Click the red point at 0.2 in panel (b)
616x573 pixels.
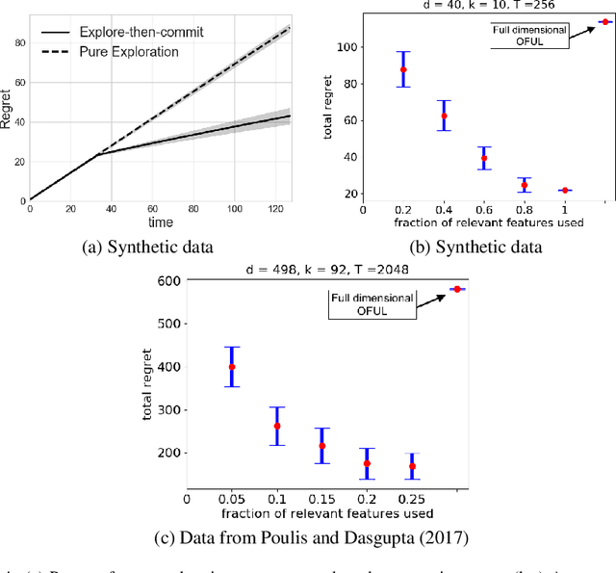403,69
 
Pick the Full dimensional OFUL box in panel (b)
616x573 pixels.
527,39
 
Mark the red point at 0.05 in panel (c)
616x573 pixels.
231,367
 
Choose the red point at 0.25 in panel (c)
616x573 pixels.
412,466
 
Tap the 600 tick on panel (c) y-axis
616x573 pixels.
170,281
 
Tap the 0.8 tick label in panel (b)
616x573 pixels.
525,207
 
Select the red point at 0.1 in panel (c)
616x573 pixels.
276,426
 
